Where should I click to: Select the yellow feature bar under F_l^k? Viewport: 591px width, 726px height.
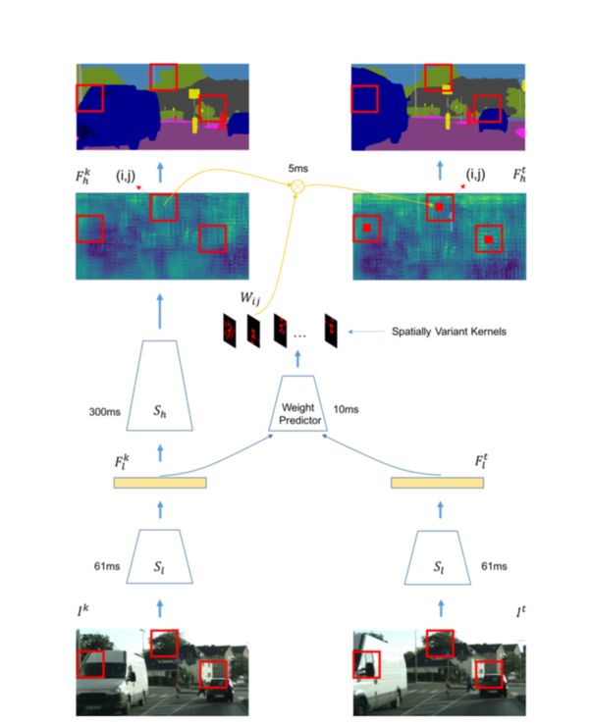tap(160, 483)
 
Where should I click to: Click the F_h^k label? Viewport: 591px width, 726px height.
tap(86, 177)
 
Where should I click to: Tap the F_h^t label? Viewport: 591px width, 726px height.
tap(520, 177)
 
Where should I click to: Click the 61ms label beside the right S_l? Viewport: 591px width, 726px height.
tap(495, 566)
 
